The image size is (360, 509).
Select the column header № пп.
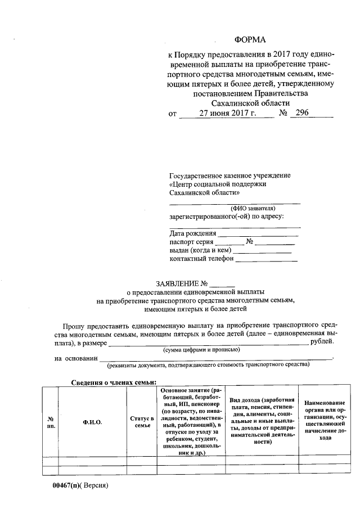click(x=51, y=422)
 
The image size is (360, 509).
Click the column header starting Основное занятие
click(x=191, y=421)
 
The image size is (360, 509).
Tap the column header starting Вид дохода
click(x=262, y=420)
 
